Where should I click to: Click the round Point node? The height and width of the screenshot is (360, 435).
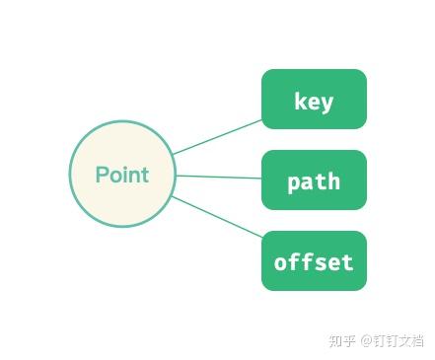(122, 174)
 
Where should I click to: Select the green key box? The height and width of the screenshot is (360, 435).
(314, 100)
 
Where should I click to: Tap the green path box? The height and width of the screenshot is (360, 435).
(314, 180)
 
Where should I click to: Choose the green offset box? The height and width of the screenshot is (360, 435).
(314, 261)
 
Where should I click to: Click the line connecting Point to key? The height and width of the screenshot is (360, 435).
(218, 137)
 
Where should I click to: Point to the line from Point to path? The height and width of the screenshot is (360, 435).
(218, 177)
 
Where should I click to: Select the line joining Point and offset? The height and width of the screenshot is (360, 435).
(218, 216)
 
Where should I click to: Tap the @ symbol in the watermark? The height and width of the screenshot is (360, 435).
(365, 340)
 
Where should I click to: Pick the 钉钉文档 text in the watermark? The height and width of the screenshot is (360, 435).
(398, 340)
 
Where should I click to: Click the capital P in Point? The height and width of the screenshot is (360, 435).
(102, 175)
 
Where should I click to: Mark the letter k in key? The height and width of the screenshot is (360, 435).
(300, 101)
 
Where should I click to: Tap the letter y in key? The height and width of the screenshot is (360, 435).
(327, 103)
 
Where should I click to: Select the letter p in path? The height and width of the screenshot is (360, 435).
(293, 183)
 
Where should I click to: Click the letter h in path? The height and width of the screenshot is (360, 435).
(334, 181)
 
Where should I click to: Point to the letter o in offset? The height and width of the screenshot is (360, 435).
(280, 263)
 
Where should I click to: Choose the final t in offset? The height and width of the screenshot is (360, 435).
(347, 262)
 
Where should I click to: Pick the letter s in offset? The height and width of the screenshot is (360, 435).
(321, 263)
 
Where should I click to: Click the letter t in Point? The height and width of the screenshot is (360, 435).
(145, 175)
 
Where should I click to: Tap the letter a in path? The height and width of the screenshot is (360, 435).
(307, 182)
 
